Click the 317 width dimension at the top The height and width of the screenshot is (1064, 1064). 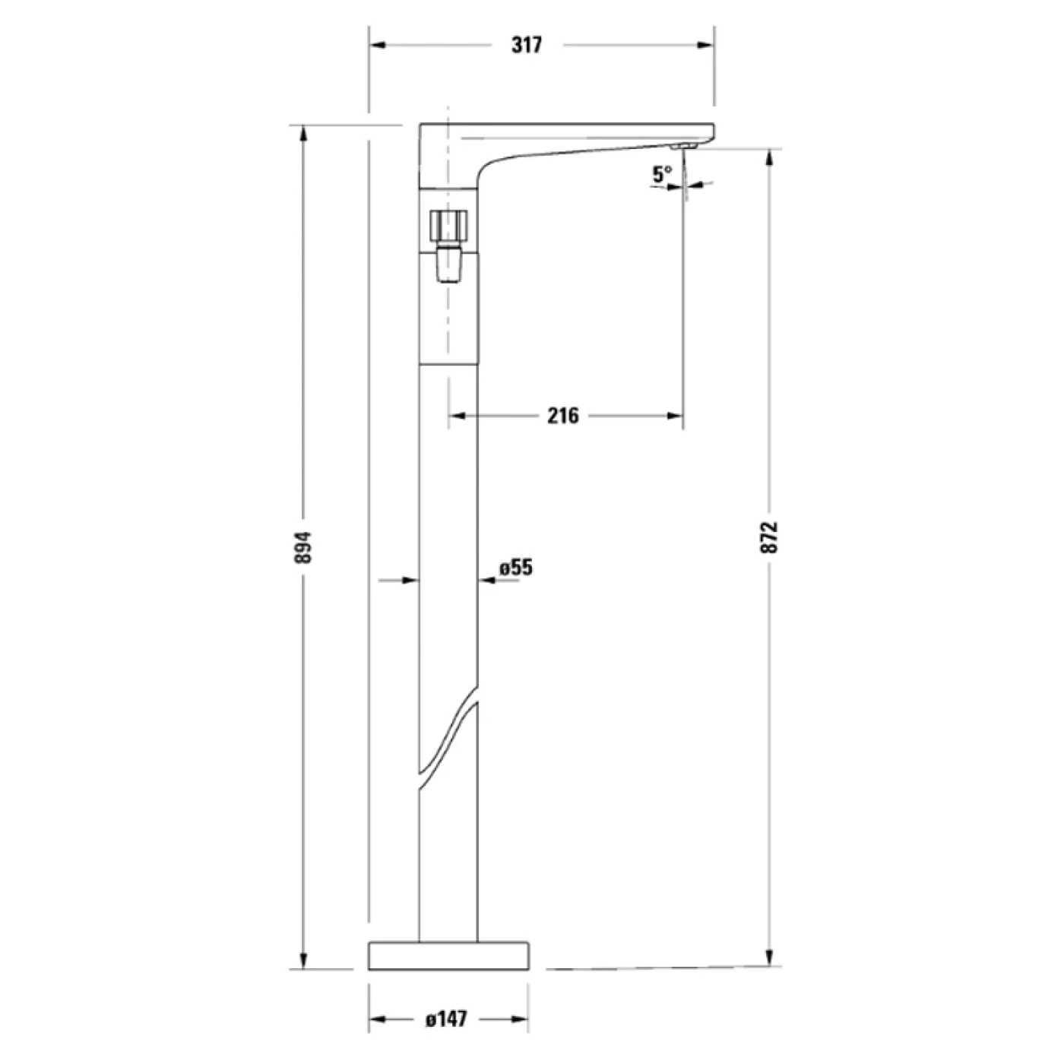527,45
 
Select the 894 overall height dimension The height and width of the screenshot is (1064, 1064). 304,546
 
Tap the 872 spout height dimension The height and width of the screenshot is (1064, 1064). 770,537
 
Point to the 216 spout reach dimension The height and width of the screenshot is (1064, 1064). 562,416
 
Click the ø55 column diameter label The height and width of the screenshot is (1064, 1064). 517,567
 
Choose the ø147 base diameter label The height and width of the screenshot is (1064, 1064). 446,1018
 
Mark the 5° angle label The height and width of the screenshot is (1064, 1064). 661,174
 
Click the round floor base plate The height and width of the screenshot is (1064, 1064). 448,955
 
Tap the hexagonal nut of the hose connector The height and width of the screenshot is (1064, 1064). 448,225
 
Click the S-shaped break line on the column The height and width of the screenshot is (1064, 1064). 448,737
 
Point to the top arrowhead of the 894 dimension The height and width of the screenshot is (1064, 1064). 304,134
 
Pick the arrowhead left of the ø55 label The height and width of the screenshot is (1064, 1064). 486,581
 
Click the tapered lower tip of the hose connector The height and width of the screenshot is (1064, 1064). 448,269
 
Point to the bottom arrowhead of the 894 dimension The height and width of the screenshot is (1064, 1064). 304,961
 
